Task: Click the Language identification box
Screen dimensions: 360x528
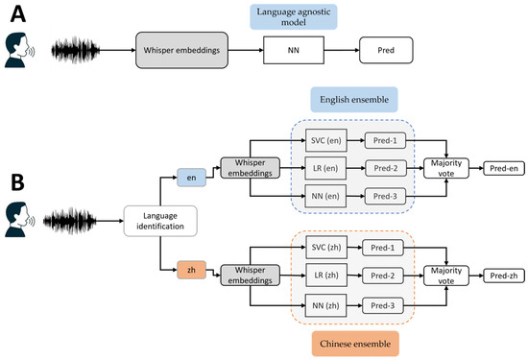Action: click(x=160, y=223)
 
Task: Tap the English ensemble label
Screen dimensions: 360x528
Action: click(x=354, y=100)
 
